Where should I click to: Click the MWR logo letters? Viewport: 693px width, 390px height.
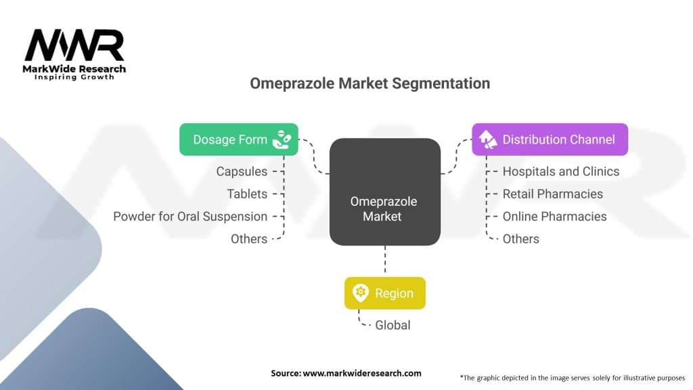tap(74, 45)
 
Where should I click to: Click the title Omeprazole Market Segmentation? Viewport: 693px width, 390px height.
tap(370, 83)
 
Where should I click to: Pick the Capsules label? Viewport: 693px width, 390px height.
tap(242, 171)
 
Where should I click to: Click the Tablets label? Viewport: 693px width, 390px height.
tap(247, 194)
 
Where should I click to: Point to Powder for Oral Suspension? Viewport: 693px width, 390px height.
tap(190, 216)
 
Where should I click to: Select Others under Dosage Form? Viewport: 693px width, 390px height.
tap(249, 238)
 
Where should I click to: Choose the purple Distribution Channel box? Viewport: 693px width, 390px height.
tap(550, 139)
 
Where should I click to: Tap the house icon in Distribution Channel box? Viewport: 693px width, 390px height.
tap(487, 139)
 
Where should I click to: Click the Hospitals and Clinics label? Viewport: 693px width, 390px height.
tap(560, 171)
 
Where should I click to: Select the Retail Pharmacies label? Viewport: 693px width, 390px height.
tap(552, 194)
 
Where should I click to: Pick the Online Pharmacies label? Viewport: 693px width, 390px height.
tap(554, 216)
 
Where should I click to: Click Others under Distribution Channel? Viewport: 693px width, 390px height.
tap(520, 238)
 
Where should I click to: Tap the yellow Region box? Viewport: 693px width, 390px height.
tap(384, 293)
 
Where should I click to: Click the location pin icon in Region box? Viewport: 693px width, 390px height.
tap(360, 293)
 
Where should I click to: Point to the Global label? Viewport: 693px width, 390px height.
tap(393, 325)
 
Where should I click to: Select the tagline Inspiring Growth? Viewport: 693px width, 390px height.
tap(74, 77)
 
